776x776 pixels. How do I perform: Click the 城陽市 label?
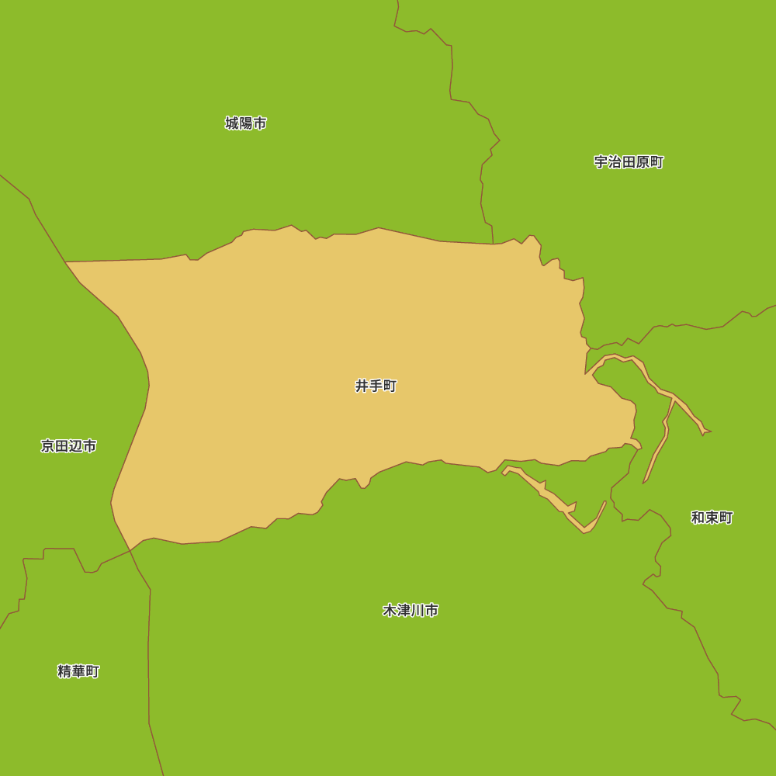click(246, 123)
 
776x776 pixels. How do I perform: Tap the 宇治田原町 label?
click(629, 162)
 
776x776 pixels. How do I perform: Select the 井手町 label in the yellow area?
click(376, 386)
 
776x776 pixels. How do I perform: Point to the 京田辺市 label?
click(68, 446)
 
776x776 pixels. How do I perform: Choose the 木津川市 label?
click(411, 611)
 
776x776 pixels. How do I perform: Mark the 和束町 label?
click(712, 518)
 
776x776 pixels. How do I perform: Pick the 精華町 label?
click(78, 671)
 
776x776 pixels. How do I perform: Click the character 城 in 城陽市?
click(232, 123)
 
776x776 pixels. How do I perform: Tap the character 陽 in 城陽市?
click(246, 123)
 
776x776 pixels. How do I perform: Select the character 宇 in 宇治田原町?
click(601, 162)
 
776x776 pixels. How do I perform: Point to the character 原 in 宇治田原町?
click(643, 162)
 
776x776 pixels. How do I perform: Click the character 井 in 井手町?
click(362, 386)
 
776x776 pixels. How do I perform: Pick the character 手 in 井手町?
click(376, 386)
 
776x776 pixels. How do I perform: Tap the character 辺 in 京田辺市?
click(75, 446)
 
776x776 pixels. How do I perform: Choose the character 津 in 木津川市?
click(404, 611)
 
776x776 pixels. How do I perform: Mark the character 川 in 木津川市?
click(417, 611)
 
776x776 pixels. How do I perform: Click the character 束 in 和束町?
click(712, 518)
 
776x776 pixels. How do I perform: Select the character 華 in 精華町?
click(78, 671)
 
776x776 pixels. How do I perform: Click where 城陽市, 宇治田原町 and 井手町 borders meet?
click(494, 244)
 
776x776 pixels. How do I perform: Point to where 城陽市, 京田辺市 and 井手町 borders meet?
click(66, 262)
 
